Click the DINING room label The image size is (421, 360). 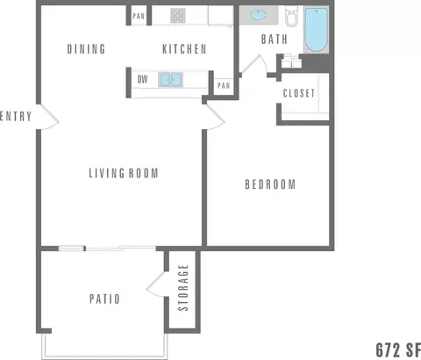86,49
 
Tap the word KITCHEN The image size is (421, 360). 184,49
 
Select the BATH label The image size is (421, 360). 275,40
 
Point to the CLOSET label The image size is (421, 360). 299,93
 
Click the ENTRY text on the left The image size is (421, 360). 18,116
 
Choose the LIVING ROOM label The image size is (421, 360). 124,173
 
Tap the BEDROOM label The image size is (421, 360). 269,184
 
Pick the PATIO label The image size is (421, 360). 104,299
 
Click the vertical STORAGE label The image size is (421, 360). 183,288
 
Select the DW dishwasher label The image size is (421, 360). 142,80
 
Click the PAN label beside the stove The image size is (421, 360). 139,16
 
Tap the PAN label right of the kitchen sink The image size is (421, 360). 224,85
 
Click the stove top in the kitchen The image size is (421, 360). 177,15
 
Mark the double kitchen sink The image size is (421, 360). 169,80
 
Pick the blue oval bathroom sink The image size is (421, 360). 260,15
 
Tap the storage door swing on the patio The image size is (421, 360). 158,284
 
